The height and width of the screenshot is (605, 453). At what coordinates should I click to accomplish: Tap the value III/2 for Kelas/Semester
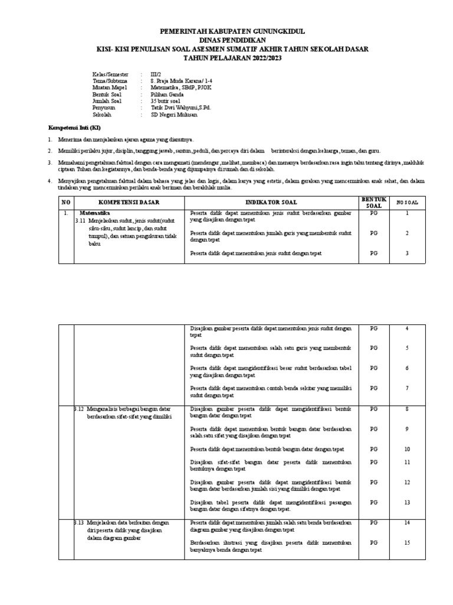156,74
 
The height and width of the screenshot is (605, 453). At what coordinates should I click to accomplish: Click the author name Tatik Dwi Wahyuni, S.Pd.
180,109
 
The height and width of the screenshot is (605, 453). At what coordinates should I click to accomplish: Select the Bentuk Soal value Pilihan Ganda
168,95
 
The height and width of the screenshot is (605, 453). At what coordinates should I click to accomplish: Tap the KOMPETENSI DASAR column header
129,202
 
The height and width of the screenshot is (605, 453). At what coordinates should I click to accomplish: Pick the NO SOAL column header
406,202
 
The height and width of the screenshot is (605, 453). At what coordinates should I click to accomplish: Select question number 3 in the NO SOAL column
406,253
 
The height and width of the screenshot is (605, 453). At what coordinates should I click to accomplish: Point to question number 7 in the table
406,388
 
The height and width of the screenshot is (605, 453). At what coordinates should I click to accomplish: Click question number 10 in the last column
406,449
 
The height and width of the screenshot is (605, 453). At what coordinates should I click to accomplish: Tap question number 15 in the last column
406,542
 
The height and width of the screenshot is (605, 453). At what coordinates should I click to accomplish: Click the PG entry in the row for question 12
373,482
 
